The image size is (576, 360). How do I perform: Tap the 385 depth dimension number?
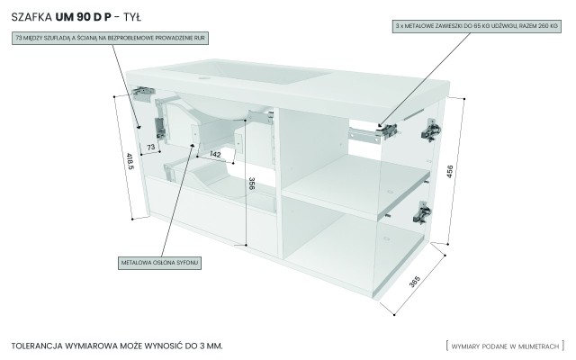point(413,282)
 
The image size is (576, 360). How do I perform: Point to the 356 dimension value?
point(251,190)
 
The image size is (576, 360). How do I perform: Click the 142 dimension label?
point(215,155)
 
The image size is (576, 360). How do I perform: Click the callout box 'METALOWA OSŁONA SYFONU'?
point(159,263)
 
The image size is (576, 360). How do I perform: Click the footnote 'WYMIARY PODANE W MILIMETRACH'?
point(505,345)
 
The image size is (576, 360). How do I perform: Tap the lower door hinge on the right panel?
point(421,213)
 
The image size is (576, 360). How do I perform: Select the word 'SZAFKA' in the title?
point(31,16)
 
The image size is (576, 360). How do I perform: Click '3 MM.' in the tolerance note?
point(208,345)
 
